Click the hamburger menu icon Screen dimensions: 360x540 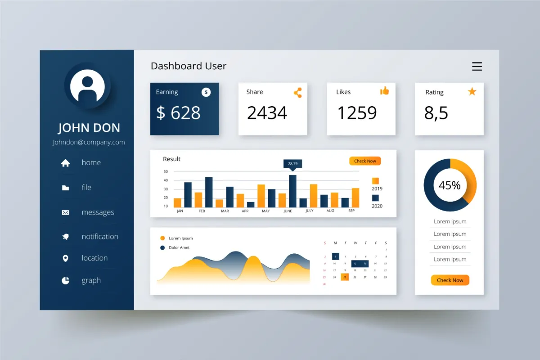477,67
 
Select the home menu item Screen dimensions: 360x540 91,163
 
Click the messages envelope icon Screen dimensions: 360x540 66,212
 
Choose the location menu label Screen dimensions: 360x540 94,258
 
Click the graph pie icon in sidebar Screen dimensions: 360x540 66,281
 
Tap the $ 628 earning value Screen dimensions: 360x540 178,112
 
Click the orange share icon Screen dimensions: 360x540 297,93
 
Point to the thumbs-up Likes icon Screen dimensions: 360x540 384,91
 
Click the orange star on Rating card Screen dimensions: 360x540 472,92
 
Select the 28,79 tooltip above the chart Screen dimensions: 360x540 292,163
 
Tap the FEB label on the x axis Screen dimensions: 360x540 202,211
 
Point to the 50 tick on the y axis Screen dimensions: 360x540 166,171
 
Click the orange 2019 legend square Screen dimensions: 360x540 375,181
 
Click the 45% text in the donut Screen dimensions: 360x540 450,185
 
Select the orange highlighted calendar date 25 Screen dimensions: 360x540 345,277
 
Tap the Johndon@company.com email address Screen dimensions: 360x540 89,142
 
